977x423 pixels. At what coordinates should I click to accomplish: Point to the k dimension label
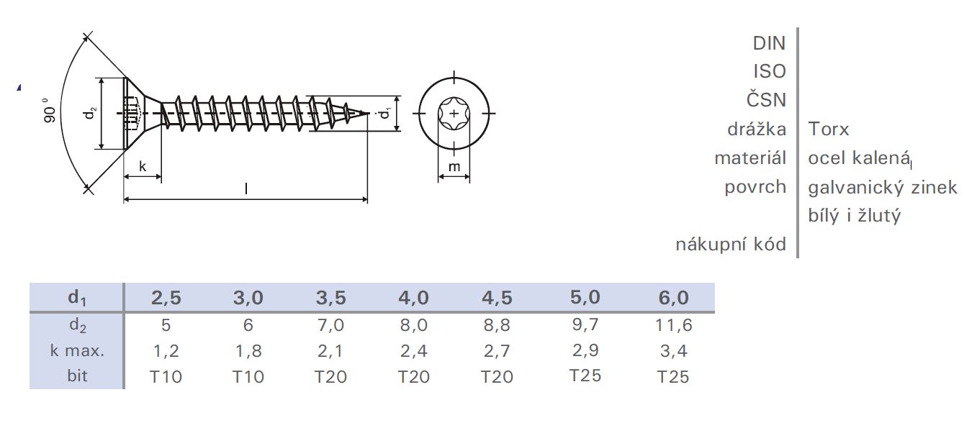tap(142, 166)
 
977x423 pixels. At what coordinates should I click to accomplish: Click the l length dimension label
tap(246, 188)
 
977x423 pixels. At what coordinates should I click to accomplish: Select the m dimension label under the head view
tap(454, 167)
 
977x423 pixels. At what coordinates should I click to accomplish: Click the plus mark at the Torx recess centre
tap(454, 113)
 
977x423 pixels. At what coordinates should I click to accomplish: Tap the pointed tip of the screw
tap(366, 113)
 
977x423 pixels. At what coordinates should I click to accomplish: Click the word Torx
tap(829, 129)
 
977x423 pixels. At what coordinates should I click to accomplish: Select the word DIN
tap(769, 43)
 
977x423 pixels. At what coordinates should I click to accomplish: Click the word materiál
tap(749, 158)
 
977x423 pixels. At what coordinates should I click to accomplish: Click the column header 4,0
tap(413, 298)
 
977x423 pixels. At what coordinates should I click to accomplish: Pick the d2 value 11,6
tap(674, 325)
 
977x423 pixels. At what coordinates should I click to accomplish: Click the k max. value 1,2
tap(166, 351)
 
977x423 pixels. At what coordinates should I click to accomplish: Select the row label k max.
tap(77, 351)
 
